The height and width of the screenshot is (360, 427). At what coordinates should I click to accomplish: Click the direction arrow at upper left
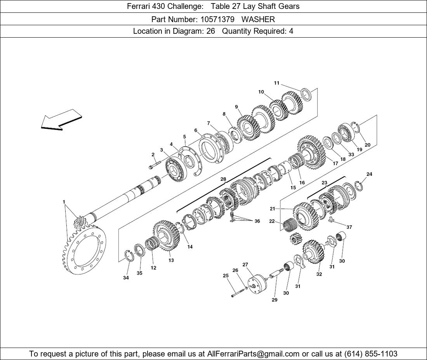click(61, 120)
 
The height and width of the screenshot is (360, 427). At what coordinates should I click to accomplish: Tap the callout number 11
click(277, 83)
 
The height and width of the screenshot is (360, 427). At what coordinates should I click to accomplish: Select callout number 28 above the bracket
click(223, 179)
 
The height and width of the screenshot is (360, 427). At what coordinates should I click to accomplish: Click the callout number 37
click(349, 227)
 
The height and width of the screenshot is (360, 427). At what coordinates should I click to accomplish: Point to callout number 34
click(126, 278)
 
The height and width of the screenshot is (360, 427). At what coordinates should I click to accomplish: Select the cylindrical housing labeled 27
click(257, 284)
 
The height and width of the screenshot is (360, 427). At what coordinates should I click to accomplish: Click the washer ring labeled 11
click(307, 94)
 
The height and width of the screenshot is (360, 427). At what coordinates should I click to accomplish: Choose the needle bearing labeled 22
click(288, 225)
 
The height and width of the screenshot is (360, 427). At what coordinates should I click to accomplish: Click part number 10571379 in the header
click(217, 19)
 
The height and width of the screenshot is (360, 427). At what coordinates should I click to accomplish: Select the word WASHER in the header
click(258, 19)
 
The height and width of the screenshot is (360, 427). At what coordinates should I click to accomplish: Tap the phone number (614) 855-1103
click(371, 354)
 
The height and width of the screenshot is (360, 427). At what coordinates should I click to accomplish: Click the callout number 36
click(257, 221)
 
